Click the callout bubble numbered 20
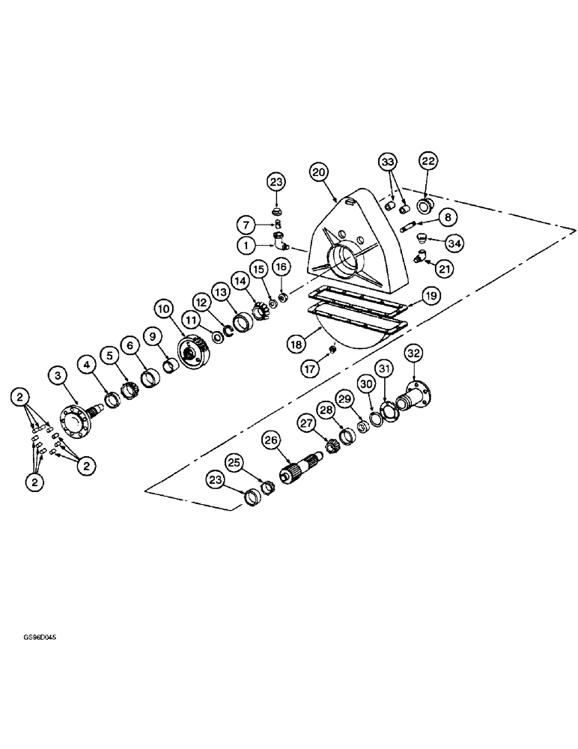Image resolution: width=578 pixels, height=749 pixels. (319, 172)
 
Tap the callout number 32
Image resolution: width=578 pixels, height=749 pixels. (413, 354)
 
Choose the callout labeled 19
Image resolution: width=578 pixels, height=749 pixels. (430, 297)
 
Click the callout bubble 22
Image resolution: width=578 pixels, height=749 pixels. (428, 161)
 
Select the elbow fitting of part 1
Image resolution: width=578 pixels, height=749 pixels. (280, 241)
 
